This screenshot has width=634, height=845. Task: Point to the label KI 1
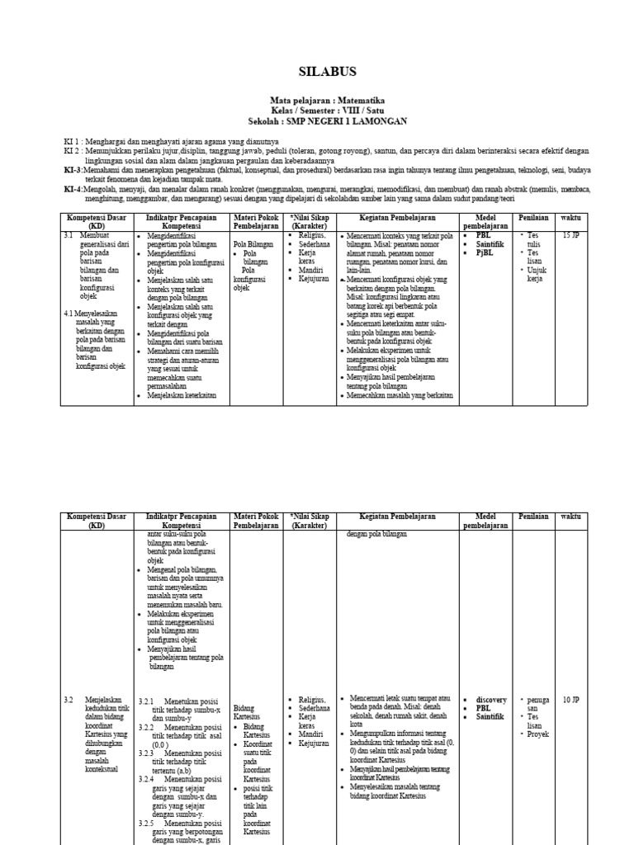pos(72,142)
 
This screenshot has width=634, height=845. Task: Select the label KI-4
pos(73,189)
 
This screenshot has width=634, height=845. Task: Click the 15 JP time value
pos(570,235)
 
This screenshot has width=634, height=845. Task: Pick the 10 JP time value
pos(570,700)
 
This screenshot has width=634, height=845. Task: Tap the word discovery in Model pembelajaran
pos(491,700)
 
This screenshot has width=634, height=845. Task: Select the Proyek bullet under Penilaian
pos(538,734)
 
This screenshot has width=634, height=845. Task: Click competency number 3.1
pos(69,235)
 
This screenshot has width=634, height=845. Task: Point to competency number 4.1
pos(69,314)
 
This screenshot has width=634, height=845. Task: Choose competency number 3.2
pos(69,700)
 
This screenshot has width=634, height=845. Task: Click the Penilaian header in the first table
pos(533,218)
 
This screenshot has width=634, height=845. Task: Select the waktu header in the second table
pos(570,516)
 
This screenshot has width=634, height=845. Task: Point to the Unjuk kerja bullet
pos(535,274)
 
